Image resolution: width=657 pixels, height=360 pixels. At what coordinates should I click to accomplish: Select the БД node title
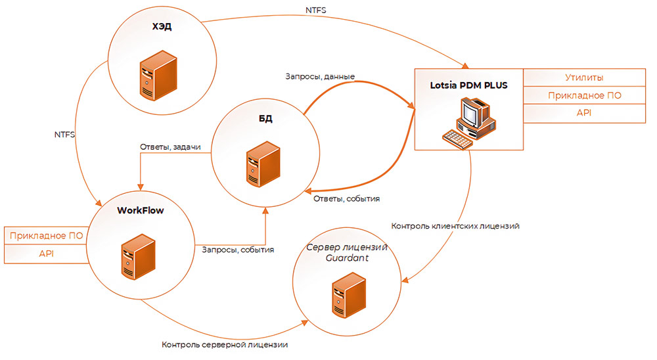pyautogui.click(x=265, y=119)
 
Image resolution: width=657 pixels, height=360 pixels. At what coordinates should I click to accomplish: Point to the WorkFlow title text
pyautogui.click(x=140, y=211)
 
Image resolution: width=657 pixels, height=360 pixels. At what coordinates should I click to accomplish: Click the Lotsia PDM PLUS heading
pyautogui.click(x=468, y=85)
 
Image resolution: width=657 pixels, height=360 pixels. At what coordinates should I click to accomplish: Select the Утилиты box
pyautogui.click(x=585, y=78)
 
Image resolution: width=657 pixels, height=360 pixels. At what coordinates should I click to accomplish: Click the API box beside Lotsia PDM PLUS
pyautogui.click(x=585, y=113)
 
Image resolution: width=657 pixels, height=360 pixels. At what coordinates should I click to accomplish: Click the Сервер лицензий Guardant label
pyautogui.click(x=347, y=254)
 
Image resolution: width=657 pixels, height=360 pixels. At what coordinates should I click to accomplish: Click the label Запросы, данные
pyautogui.click(x=320, y=77)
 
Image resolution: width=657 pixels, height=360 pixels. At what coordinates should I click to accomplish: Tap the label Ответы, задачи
pyautogui.click(x=170, y=147)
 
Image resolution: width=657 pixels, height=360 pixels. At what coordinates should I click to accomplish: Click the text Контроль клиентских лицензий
pyautogui.click(x=456, y=226)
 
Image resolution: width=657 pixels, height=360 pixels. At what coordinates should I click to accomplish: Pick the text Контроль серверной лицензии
pyautogui.click(x=225, y=344)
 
